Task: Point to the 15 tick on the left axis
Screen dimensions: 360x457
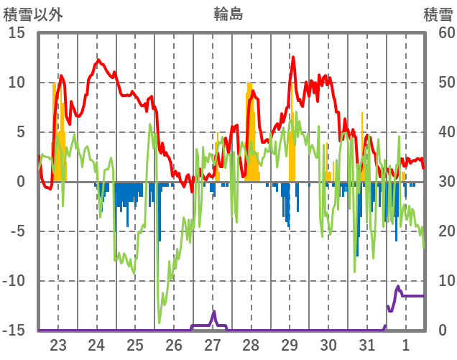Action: [17, 33]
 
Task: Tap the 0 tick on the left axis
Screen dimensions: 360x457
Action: [21, 182]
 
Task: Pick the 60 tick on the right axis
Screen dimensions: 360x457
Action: [438, 33]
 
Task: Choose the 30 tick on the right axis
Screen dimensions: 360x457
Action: [438, 182]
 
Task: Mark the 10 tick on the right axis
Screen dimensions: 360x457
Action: [438, 281]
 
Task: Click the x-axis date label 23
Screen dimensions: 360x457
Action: [58, 344]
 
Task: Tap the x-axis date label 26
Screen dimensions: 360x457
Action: [174, 344]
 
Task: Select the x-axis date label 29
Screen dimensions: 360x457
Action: [290, 344]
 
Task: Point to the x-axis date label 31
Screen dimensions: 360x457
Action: [367, 344]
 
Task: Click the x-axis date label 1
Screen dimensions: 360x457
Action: [406, 344]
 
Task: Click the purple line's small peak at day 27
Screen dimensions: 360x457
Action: [213, 312]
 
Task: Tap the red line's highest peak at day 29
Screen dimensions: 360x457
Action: [293, 57]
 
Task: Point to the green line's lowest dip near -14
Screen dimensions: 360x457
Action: [160, 322]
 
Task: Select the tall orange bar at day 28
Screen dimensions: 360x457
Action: [249, 129]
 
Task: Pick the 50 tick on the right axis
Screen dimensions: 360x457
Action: [438, 83]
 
